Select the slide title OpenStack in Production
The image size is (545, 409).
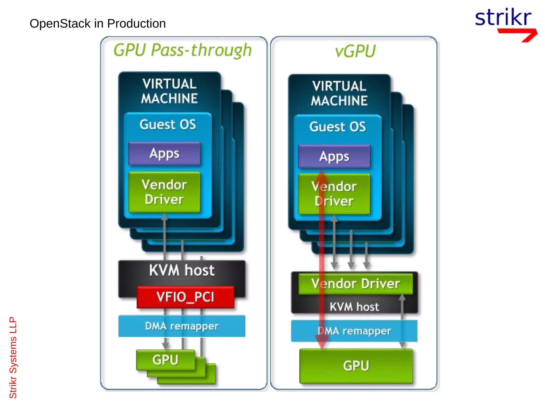pyautogui.click(x=98, y=24)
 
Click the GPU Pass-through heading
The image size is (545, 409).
pyautogui.click(x=183, y=50)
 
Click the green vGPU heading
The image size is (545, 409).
pyautogui.click(x=355, y=51)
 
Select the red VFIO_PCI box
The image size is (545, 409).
pyautogui.click(x=185, y=297)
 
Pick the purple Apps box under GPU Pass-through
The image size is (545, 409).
pyautogui.click(x=164, y=154)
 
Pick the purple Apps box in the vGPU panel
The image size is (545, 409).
pyautogui.click(x=334, y=156)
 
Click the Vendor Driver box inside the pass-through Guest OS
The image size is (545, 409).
pyautogui.click(x=164, y=192)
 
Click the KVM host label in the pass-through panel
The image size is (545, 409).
pyautogui.click(x=182, y=270)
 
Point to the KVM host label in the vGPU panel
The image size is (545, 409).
pyautogui.click(x=354, y=307)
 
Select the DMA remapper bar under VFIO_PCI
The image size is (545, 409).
pyautogui.click(x=182, y=326)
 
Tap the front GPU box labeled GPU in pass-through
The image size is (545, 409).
pyautogui.click(x=165, y=360)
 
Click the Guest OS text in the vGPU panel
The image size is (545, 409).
pyautogui.click(x=337, y=127)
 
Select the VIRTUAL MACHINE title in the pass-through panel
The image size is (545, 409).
pyautogui.click(x=170, y=91)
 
